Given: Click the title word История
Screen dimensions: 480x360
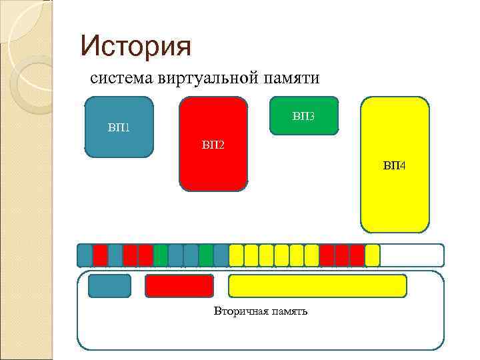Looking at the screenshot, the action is point(135,46).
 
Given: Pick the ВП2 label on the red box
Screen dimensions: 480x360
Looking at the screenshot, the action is point(213,144).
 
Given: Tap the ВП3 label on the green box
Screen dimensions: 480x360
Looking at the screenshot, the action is point(303,117).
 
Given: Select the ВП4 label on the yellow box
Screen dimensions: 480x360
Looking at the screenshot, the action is point(394,165).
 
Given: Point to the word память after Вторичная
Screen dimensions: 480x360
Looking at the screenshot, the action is point(288,311).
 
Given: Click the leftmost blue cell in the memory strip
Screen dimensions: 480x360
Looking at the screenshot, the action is point(85,255).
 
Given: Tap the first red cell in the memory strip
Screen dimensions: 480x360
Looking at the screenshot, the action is point(100,255).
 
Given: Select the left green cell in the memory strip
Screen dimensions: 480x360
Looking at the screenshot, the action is point(161,255).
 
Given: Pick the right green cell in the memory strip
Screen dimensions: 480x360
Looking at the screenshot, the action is point(206,255).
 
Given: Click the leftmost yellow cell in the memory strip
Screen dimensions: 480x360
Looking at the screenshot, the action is point(236,255).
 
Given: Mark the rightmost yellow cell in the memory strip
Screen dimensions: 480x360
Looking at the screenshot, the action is point(373,255).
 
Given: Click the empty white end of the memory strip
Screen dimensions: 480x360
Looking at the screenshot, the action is point(411,255).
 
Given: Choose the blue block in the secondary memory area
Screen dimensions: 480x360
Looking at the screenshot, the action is point(110,285).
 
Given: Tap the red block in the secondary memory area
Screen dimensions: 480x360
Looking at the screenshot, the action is point(179,285).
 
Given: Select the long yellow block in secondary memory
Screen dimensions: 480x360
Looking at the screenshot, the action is point(317,285).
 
